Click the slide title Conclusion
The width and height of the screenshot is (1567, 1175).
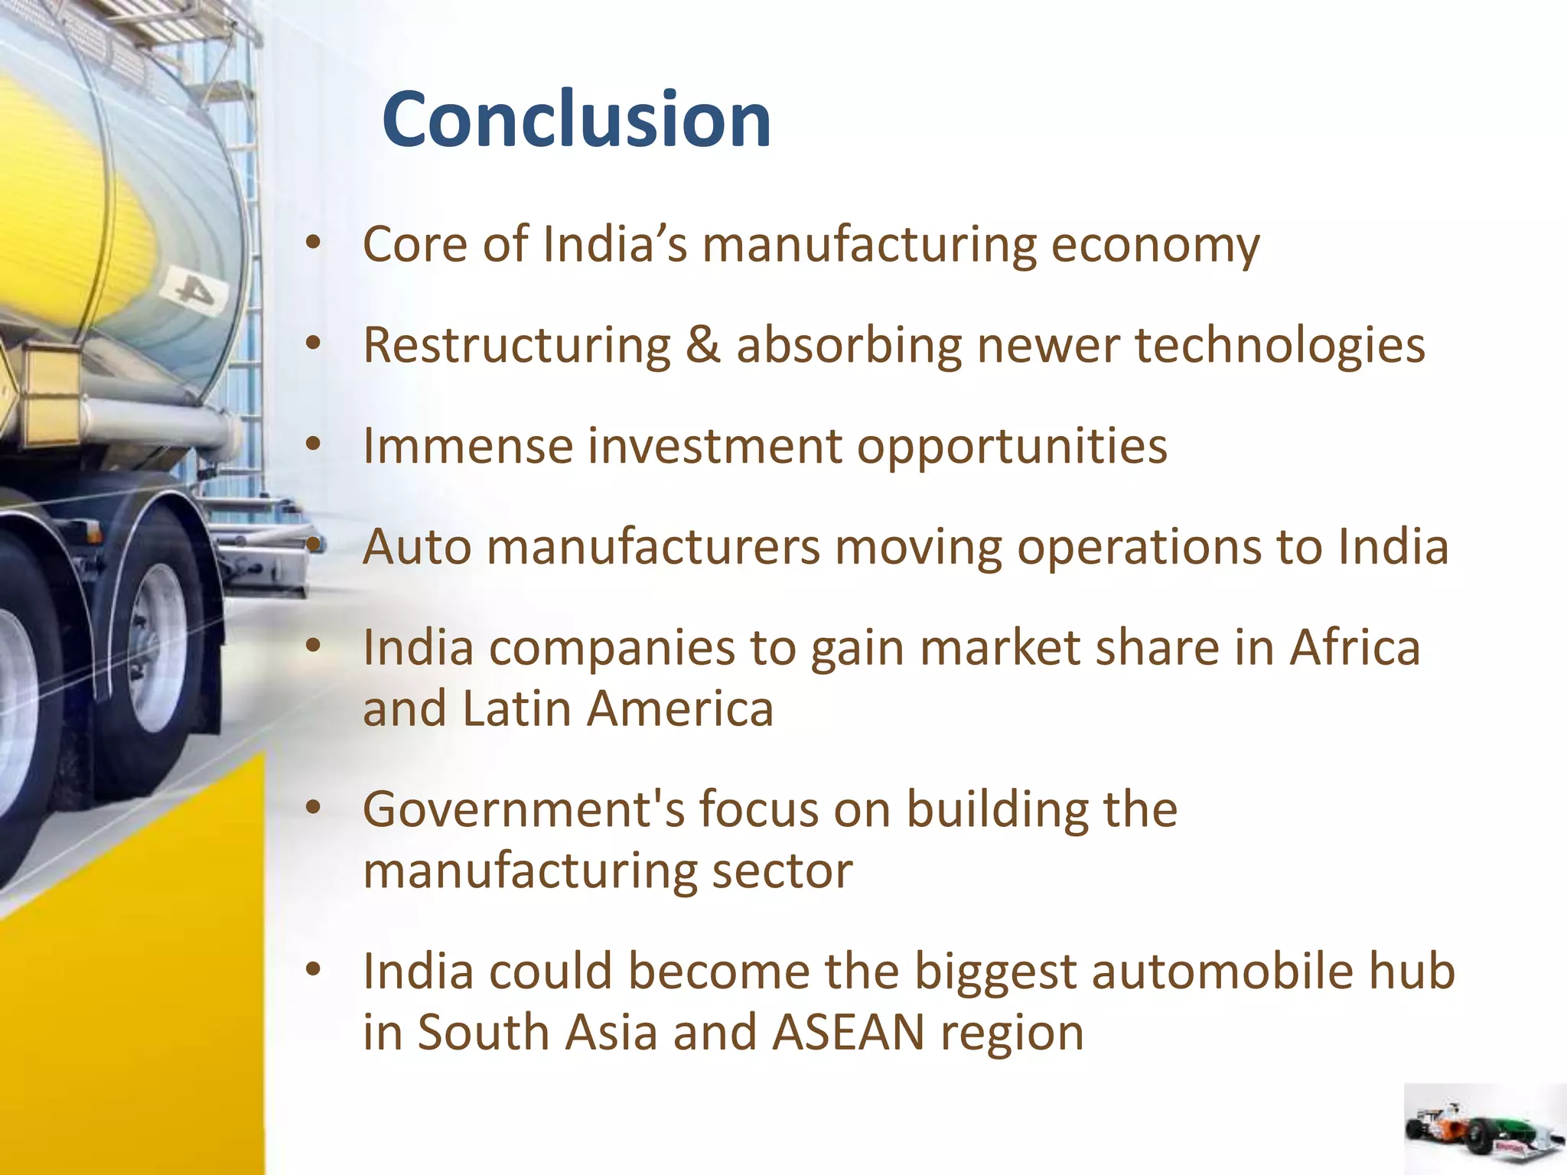tap(576, 119)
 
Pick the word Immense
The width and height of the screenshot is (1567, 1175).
tap(467, 447)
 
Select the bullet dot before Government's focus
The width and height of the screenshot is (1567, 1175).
tap(312, 808)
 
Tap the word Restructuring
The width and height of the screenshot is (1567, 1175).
tap(516, 346)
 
